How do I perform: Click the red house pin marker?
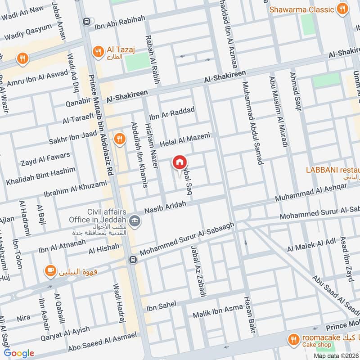coord(180,162)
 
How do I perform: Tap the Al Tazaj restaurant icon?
coord(97,52)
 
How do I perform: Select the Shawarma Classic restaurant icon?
coord(342,9)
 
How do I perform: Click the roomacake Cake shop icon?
coord(294,340)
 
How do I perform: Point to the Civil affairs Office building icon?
coord(135,221)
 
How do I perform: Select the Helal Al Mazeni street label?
coord(185,139)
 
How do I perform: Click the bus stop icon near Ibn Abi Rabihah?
coord(87,21)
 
